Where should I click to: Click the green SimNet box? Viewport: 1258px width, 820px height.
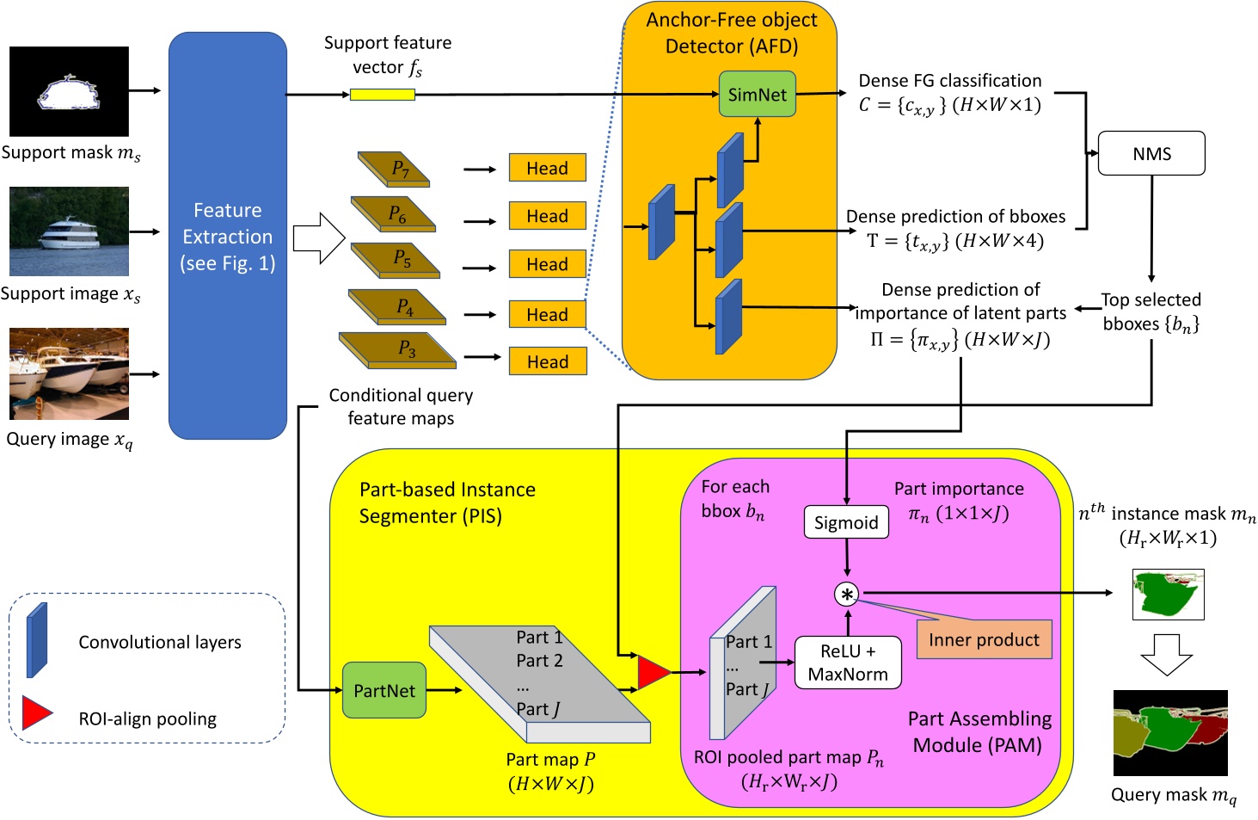(x=757, y=95)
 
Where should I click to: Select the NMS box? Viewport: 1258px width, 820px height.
(x=1151, y=154)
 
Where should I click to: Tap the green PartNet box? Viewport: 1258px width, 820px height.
(x=384, y=690)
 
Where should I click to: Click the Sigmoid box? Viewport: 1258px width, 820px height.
(x=846, y=522)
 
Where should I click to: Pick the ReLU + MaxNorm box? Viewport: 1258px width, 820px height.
(x=848, y=663)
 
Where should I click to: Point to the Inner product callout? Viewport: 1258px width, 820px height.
(x=984, y=640)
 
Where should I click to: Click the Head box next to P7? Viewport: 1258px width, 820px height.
(x=547, y=168)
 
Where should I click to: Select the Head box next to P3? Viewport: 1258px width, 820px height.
(x=547, y=361)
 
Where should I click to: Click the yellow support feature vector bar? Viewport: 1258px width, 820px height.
(x=383, y=95)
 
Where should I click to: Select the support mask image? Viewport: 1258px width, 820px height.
(x=69, y=91)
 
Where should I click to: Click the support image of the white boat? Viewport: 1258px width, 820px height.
(x=69, y=231)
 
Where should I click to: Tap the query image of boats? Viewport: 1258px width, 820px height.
(x=69, y=373)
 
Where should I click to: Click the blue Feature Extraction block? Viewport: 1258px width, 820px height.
(x=227, y=237)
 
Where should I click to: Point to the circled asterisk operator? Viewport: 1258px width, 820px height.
(x=847, y=594)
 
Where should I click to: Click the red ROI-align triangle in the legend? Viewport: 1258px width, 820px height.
(x=36, y=713)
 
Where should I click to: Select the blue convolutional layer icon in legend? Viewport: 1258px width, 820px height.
(x=37, y=640)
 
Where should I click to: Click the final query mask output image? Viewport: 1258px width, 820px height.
(x=1170, y=733)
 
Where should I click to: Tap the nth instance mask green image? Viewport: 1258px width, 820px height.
(x=1168, y=594)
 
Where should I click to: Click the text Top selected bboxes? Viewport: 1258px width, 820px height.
(x=1151, y=311)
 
